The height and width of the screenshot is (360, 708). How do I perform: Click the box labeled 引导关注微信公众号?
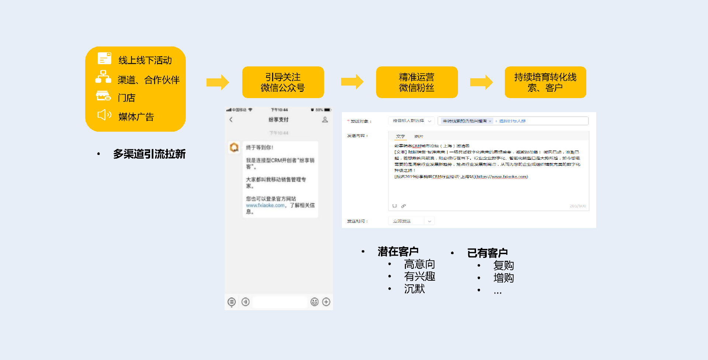(283, 82)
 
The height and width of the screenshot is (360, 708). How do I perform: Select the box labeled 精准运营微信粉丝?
(417, 82)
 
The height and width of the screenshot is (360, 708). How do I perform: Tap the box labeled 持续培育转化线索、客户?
(545, 82)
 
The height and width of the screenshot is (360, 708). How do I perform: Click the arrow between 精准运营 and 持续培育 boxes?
(481, 82)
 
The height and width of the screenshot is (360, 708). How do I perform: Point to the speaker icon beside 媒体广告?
(104, 115)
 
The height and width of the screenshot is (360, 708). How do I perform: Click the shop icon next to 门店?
(103, 96)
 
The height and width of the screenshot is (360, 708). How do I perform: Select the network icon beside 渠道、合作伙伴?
(103, 77)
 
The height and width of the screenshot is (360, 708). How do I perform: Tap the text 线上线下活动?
(145, 60)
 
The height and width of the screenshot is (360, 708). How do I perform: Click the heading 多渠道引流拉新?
(149, 154)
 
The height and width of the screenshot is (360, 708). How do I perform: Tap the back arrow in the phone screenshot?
(231, 120)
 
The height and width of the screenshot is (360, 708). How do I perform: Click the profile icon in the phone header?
(325, 120)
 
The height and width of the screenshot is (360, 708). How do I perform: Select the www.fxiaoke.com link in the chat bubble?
(265, 205)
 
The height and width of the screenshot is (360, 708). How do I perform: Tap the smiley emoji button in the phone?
(314, 302)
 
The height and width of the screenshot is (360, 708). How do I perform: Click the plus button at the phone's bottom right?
(326, 302)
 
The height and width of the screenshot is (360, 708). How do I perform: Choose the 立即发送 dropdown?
(411, 221)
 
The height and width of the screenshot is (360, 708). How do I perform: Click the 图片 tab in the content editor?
(419, 136)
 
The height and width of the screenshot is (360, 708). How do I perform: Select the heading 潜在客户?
(398, 252)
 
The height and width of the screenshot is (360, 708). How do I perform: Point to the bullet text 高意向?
(419, 264)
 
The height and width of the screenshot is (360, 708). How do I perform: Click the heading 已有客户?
(487, 253)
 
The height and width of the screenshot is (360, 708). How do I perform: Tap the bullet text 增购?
(503, 278)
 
